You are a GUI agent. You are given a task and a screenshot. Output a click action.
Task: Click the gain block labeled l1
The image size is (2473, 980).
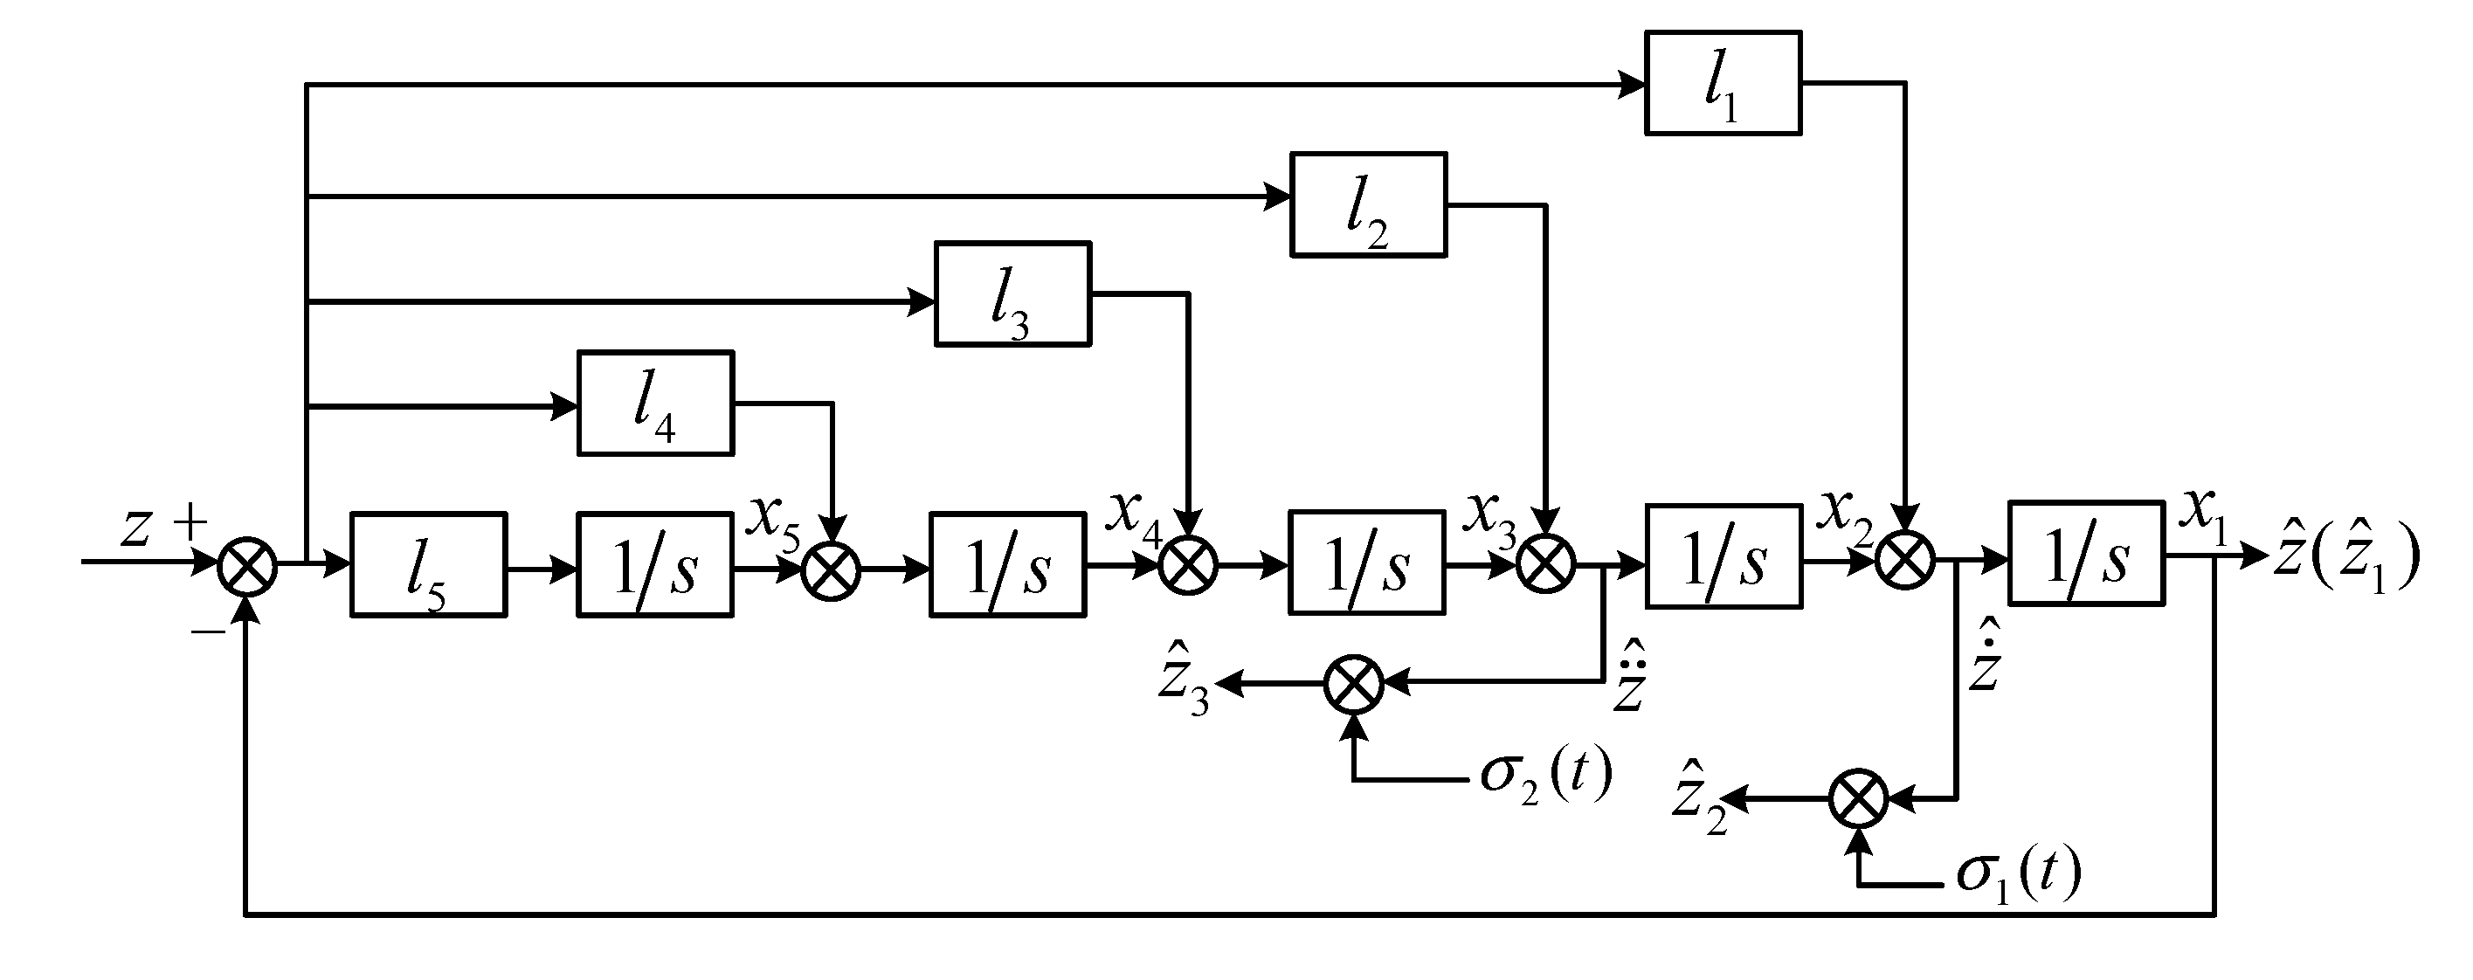(x=1723, y=84)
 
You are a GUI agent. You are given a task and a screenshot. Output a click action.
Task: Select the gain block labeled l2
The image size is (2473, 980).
(x=1368, y=204)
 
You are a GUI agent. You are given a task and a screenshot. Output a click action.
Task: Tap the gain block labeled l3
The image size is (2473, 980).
(x=1012, y=293)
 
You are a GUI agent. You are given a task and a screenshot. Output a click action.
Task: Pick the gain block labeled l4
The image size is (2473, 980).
(x=656, y=404)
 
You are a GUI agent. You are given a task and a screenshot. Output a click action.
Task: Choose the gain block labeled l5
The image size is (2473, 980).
(x=428, y=564)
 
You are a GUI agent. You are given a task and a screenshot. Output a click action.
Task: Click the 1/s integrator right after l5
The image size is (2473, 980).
(x=655, y=564)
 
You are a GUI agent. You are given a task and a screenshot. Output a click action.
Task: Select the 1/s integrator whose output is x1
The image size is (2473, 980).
(x=2086, y=554)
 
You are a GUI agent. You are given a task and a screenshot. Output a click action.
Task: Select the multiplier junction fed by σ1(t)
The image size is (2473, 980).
(x=1859, y=798)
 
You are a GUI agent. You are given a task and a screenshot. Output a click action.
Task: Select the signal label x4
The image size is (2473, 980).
(x=1134, y=516)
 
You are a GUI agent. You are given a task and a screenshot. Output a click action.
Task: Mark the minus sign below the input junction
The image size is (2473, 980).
(x=207, y=631)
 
